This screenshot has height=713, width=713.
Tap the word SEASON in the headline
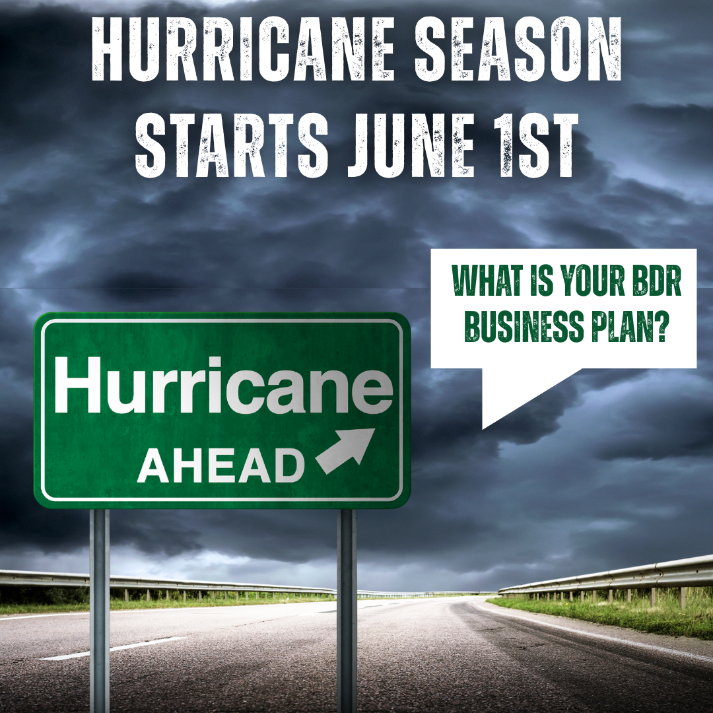point(518,50)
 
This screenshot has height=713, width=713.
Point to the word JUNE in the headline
point(411,144)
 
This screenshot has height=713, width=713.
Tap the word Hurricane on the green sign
point(223,385)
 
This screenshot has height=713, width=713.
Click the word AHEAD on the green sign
point(221,465)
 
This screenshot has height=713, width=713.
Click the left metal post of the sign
point(99,610)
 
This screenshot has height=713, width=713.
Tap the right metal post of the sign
point(347,610)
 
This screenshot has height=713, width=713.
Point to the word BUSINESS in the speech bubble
point(526,326)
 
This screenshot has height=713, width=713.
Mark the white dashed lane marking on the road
point(114,648)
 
